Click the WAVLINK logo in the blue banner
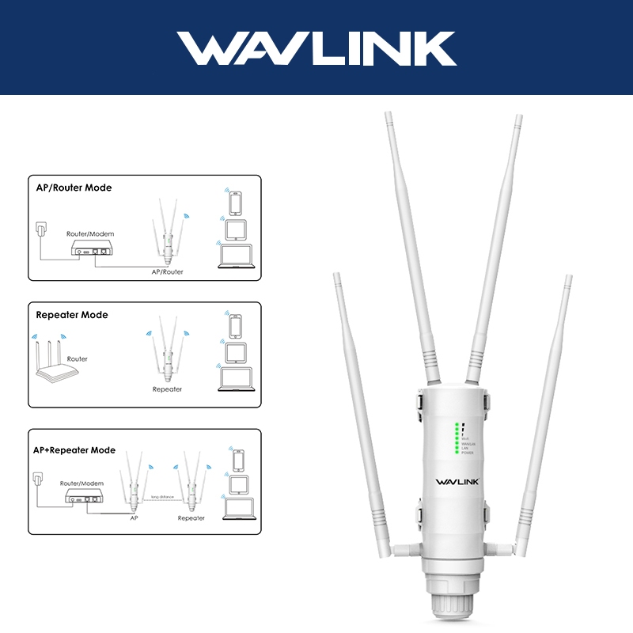pyautogui.click(x=316, y=48)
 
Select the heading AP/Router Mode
pyautogui.click(x=74, y=188)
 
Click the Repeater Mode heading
pyautogui.click(x=72, y=315)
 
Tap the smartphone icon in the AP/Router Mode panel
pyautogui.click(x=235, y=203)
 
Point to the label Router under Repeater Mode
pyautogui.click(x=78, y=359)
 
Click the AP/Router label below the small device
pyautogui.click(x=167, y=271)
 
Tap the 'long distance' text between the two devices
pyautogui.click(x=161, y=497)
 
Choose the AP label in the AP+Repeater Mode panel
pyautogui.click(x=134, y=518)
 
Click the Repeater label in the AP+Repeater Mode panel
pyautogui.click(x=191, y=518)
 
